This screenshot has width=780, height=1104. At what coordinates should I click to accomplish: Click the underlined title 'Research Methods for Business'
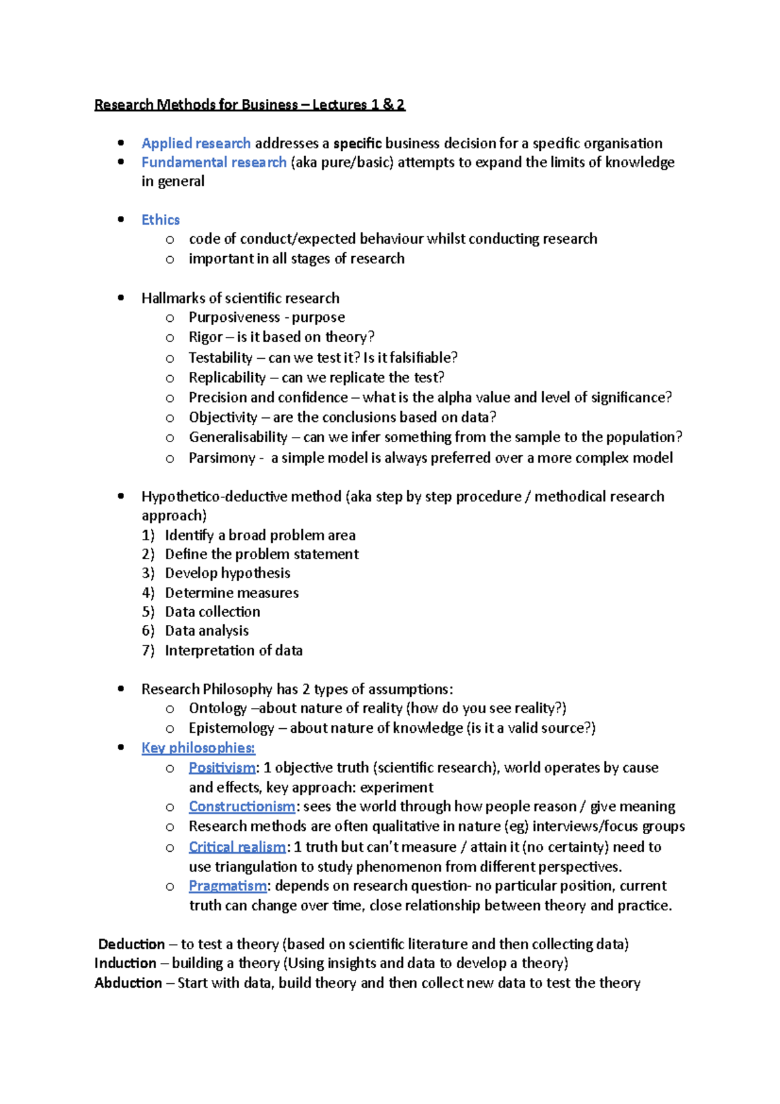(x=196, y=105)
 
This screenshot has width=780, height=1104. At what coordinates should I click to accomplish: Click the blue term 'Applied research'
(x=196, y=143)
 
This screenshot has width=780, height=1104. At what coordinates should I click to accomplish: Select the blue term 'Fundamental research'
(x=214, y=162)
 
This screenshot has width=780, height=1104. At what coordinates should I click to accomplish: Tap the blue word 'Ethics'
(x=161, y=220)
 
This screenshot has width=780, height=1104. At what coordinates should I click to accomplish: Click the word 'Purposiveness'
(x=234, y=317)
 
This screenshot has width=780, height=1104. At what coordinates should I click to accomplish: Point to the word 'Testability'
(x=220, y=358)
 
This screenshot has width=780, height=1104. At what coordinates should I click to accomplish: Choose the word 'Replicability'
(x=227, y=378)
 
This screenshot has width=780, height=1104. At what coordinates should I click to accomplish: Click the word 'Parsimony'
(x=222, y=458)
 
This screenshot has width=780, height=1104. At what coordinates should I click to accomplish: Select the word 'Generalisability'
(x=238, y=437)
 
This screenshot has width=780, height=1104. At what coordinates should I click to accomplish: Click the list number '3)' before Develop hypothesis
(x=148, y=573)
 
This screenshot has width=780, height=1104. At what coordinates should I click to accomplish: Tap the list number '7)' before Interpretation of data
(x=148, y=650)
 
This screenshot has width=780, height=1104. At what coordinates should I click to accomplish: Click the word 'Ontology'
(x=218, y=708)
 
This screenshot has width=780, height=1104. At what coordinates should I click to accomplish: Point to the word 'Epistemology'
(x=231, y=728)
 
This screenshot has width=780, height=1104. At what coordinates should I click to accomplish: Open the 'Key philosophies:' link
(x=198, y=748)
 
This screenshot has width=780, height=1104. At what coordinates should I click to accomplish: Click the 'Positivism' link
(x=222, y=768)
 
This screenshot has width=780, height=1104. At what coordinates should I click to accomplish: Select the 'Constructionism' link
(x=242, y=806)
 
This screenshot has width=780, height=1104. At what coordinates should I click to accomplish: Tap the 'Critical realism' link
(x=237, y=847)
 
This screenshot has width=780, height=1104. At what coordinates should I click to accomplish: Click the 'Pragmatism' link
(x=227, y=886)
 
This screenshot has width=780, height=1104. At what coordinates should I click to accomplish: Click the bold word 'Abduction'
(x=128, y=983)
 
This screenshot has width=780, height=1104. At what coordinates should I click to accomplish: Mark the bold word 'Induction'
(x=125, y=963)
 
